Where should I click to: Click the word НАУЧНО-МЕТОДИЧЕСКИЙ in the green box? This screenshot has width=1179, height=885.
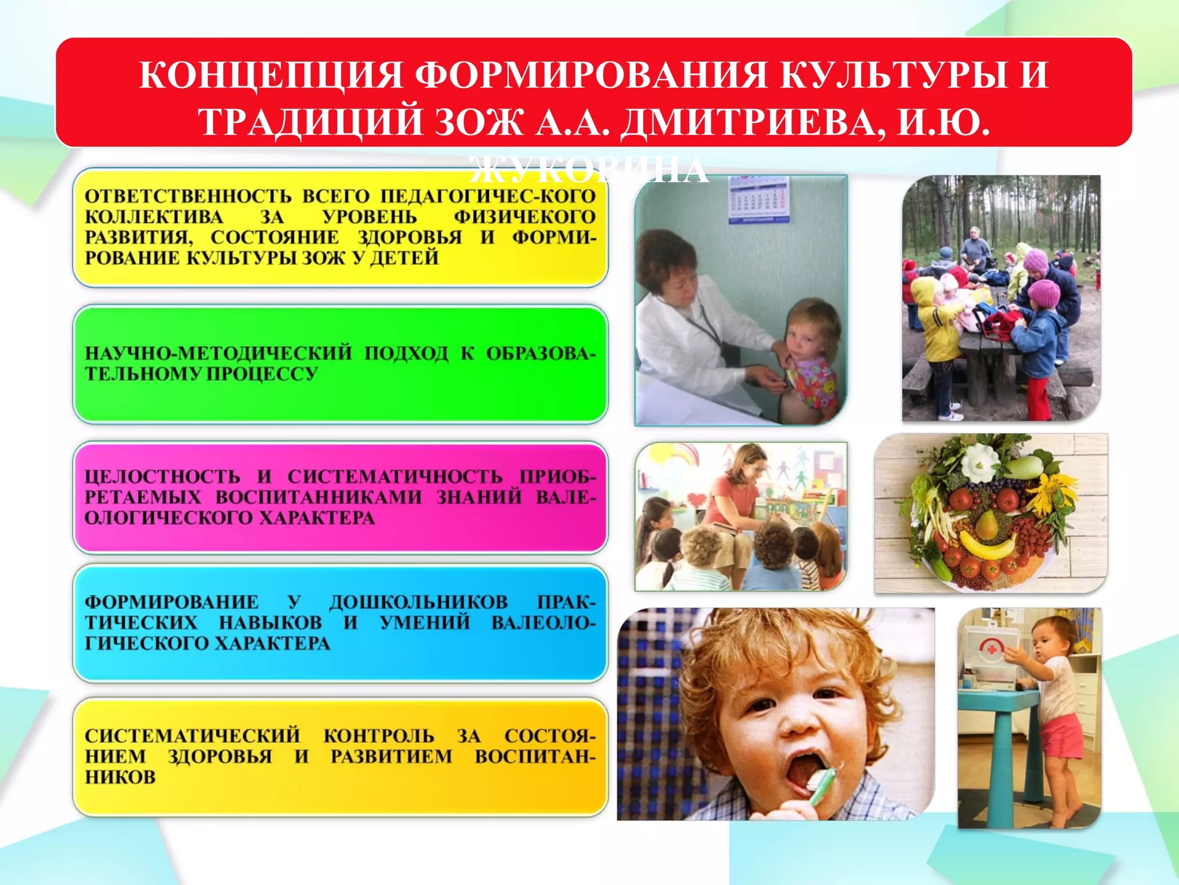click(218, 353)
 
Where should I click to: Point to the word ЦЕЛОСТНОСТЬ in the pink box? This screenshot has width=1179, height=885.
click(162, 476)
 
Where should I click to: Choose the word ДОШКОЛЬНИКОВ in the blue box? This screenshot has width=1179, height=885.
click(419, 602)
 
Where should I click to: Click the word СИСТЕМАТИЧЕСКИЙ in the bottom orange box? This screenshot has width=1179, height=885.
click(192, 736)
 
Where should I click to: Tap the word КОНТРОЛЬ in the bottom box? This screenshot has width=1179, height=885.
click(379, 736)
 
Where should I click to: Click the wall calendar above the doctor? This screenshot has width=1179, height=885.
click(759, 199)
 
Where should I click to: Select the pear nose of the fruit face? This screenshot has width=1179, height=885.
click(986, 522)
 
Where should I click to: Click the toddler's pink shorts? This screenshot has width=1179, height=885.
click(1062, 736)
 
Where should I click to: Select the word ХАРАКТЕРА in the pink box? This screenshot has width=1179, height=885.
click(317, 517)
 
